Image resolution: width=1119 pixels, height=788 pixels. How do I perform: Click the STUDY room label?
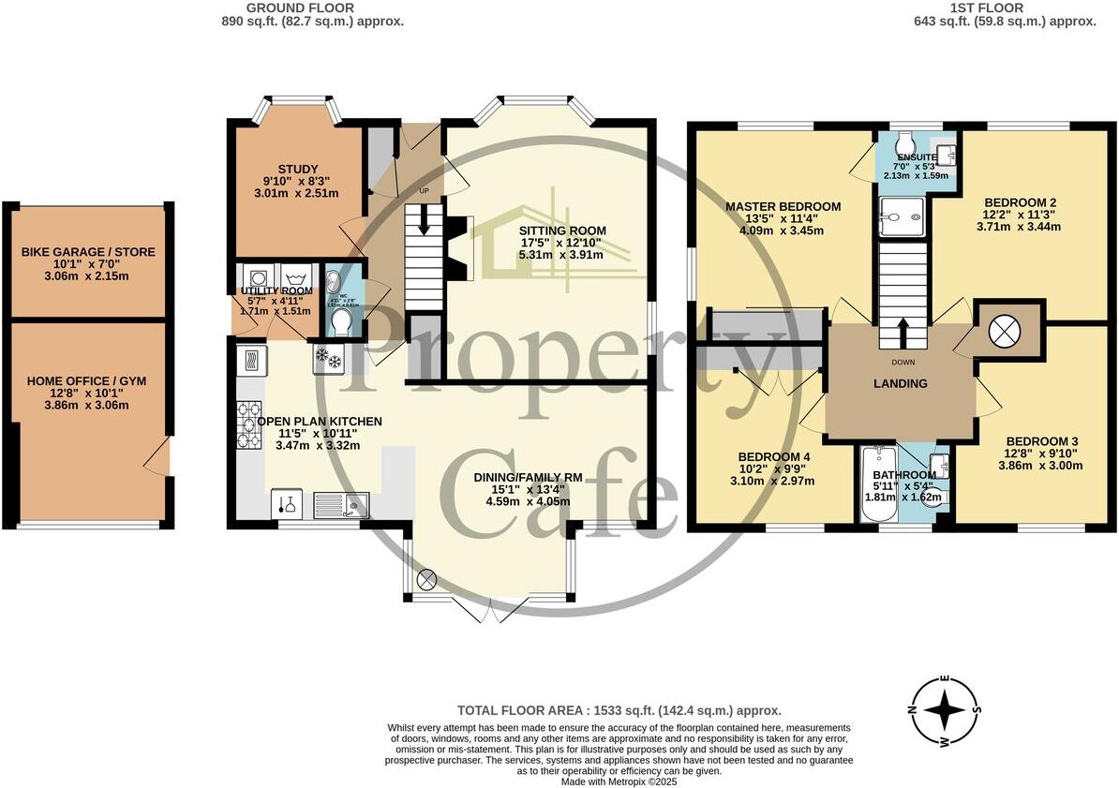click(x=298, y=170)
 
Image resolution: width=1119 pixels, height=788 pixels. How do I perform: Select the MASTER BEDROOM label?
click(x=783, y=207)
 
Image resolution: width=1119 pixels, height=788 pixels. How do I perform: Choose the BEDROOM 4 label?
click(x=774, y=457)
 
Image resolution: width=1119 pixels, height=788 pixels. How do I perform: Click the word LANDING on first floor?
click(x=901, y=383)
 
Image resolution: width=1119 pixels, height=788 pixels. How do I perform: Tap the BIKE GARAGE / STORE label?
click(x=88, y=252)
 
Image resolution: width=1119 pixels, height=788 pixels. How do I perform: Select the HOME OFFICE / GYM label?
click(x=87, y=380)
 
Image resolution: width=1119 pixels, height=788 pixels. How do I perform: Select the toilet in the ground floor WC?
click(x=340, y=321)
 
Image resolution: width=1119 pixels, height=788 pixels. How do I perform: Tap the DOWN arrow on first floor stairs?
click(x=903, y=331)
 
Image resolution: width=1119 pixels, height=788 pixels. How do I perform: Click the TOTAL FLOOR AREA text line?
click(x=619, y=711)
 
